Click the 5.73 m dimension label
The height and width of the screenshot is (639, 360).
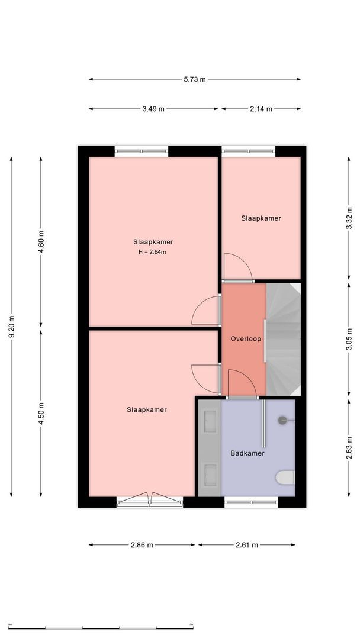194,79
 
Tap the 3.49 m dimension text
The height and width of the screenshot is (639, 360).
153,109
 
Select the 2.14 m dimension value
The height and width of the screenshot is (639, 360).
261,109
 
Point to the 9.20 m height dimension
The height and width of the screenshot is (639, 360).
11,327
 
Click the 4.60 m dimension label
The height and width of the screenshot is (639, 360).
41,242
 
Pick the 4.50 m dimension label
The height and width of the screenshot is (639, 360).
41,413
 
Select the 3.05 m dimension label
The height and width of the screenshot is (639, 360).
349,339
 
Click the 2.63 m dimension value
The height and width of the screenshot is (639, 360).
349,448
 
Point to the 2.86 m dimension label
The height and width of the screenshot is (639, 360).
142,545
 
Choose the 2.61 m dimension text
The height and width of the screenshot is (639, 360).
247,545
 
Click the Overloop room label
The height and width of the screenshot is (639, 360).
246,338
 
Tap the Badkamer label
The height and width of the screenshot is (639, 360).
247,453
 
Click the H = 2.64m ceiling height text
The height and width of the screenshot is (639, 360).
153,252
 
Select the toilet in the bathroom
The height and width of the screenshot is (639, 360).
285,477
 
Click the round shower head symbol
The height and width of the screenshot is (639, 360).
282,420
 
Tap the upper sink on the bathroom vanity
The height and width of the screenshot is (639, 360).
210,417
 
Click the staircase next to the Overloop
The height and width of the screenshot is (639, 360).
284,340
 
